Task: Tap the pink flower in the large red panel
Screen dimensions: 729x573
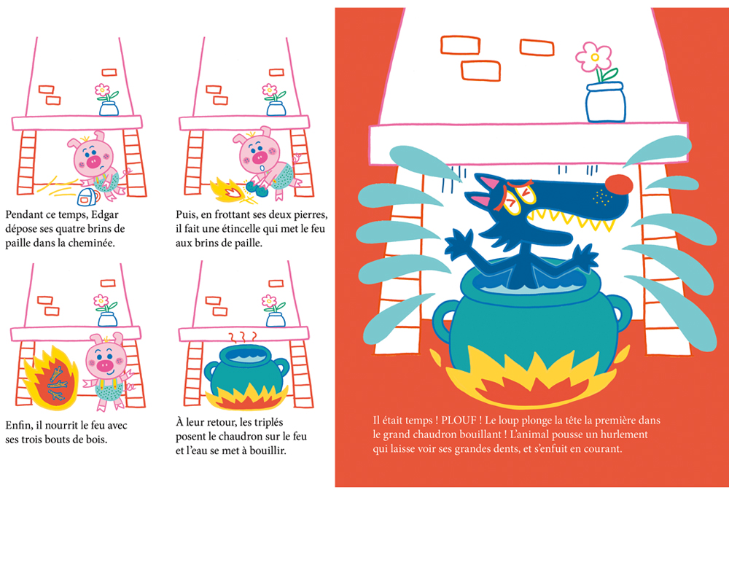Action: tap(593, 58)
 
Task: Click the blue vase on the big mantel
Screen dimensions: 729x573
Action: tap(605, 102)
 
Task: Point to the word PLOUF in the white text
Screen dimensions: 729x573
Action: tap(459, 421)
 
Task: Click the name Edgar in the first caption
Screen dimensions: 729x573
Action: tap(104, 215)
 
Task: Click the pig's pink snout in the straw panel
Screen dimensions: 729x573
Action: tap(94, 162)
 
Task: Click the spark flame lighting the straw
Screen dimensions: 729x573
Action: tap(227, 190)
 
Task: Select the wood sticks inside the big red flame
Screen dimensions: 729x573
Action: tap(58, 383)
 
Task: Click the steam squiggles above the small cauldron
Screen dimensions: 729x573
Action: tap(243, 337)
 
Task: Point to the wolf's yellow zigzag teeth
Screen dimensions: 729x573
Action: tap(574, 219)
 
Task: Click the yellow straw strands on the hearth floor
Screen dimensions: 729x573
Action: tap(58, 186)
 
